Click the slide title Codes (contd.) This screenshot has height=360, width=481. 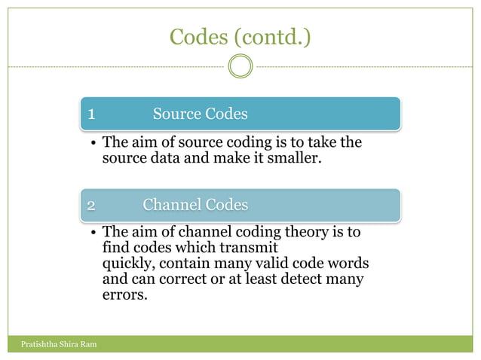tap(240, 36)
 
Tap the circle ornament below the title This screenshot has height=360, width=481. tap(240, 66)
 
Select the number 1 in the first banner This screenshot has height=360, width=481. tap(91, 114)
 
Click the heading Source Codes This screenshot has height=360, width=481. tap(200, 114)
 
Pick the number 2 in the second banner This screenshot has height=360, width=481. tap(91, 205)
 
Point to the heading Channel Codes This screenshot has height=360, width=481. tap(195, 204)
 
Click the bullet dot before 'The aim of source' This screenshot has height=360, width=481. tap(91, 143)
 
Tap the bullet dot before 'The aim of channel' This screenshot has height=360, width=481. tap(91, 233)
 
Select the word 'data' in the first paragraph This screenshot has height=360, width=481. tap(163, 158)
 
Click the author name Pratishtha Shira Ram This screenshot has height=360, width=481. tap(54, 345)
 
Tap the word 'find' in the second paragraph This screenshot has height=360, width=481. tap(115, 248)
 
